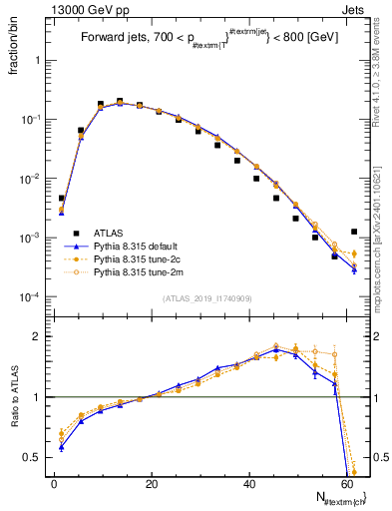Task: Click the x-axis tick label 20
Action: [151, 484]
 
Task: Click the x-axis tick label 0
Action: [54, 484]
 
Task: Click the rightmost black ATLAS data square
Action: [354, 232]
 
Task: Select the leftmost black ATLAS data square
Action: [61, 199]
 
